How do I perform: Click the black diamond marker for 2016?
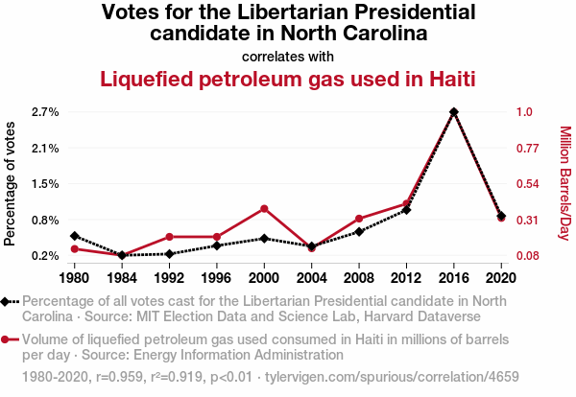point(453,112)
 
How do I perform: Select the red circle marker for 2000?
point(264,208)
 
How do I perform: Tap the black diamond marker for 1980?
point(75,236)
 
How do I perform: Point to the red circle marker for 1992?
point(169,237)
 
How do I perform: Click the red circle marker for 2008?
point(359,219)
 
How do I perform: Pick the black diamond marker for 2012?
point(406,209)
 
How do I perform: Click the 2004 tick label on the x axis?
point(311,278)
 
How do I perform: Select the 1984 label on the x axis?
point(122,278)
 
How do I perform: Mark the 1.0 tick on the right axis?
point(524,112)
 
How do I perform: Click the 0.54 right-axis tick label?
point(528,184)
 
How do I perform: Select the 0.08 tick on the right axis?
point(528,256)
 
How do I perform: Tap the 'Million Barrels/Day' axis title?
point(564,184)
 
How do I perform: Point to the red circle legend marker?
point(8,339)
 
